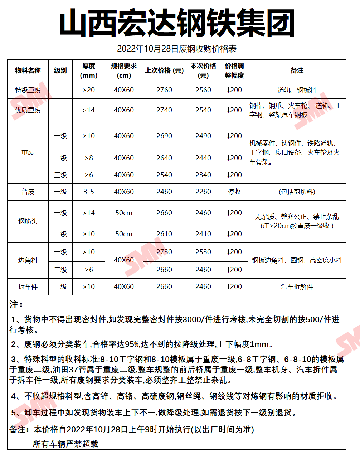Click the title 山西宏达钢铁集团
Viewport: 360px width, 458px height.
[x=177, y=23]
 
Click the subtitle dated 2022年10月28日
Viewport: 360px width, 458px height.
[x=177, y=49]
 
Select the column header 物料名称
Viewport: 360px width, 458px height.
[x=28, y=71]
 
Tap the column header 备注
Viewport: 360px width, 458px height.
[x=297, y=71]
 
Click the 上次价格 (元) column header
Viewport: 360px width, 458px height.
[x=164, y=71]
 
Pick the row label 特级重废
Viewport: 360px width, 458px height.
[x=28, y=90]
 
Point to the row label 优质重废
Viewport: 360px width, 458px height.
[x=28, y=110]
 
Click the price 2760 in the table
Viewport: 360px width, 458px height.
[x=164, y=90]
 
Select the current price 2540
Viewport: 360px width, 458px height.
[x=203, y=110]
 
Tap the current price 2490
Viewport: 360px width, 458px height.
[x=203, y=136]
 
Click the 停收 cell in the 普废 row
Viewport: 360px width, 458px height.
[x=234, y=192]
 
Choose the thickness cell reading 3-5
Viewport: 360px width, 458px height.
[x=89, y=192]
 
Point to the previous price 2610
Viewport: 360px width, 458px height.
[x=164, y=234]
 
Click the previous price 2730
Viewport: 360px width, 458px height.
[x=164, y=252]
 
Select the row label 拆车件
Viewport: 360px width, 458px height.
[x=28, y=287]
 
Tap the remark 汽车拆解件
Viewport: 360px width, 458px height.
[x=297, y=287]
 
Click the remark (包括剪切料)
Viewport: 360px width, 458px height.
[x=297, y=192]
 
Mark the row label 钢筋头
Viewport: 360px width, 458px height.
[x=28, y=222]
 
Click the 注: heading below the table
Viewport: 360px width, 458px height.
[x=16, y=305]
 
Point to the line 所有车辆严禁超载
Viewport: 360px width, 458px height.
[x=65, y=444]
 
